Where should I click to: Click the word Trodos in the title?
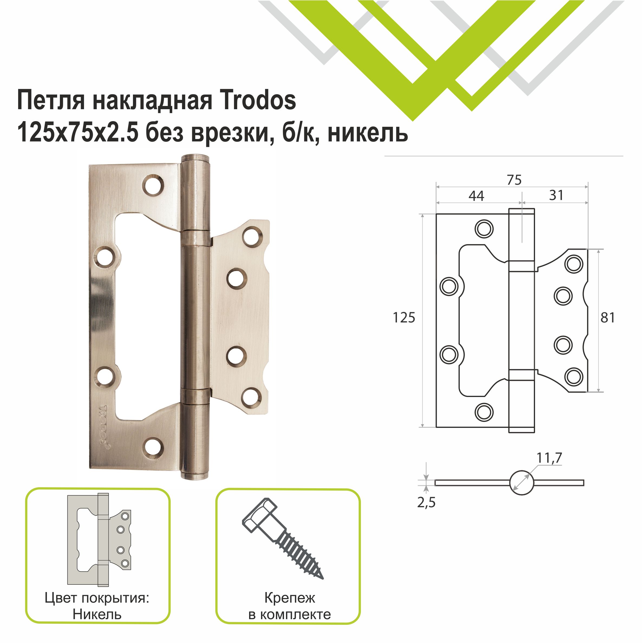click(258, 101)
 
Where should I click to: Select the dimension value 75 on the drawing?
click(514, 180)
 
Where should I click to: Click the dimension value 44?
click(476, 196)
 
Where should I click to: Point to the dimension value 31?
click(556, 195)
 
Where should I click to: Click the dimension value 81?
click(607, 318)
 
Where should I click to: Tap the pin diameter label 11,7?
click(549, 458)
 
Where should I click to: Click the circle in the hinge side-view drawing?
click(521, 483)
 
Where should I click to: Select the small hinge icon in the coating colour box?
click(99, 539)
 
